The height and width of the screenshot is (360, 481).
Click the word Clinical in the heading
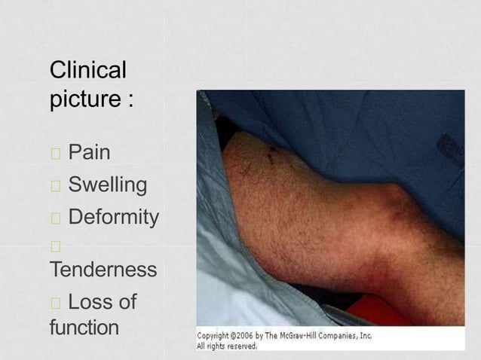[87, 71]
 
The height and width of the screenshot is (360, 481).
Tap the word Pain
[89, 153]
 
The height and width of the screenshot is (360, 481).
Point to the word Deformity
[113, 218]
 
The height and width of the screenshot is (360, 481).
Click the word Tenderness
[103, 269]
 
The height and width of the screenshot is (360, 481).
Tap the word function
[84, 328]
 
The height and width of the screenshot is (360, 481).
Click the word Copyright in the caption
[217, 336]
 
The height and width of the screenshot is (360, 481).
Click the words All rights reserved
[226, 346]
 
